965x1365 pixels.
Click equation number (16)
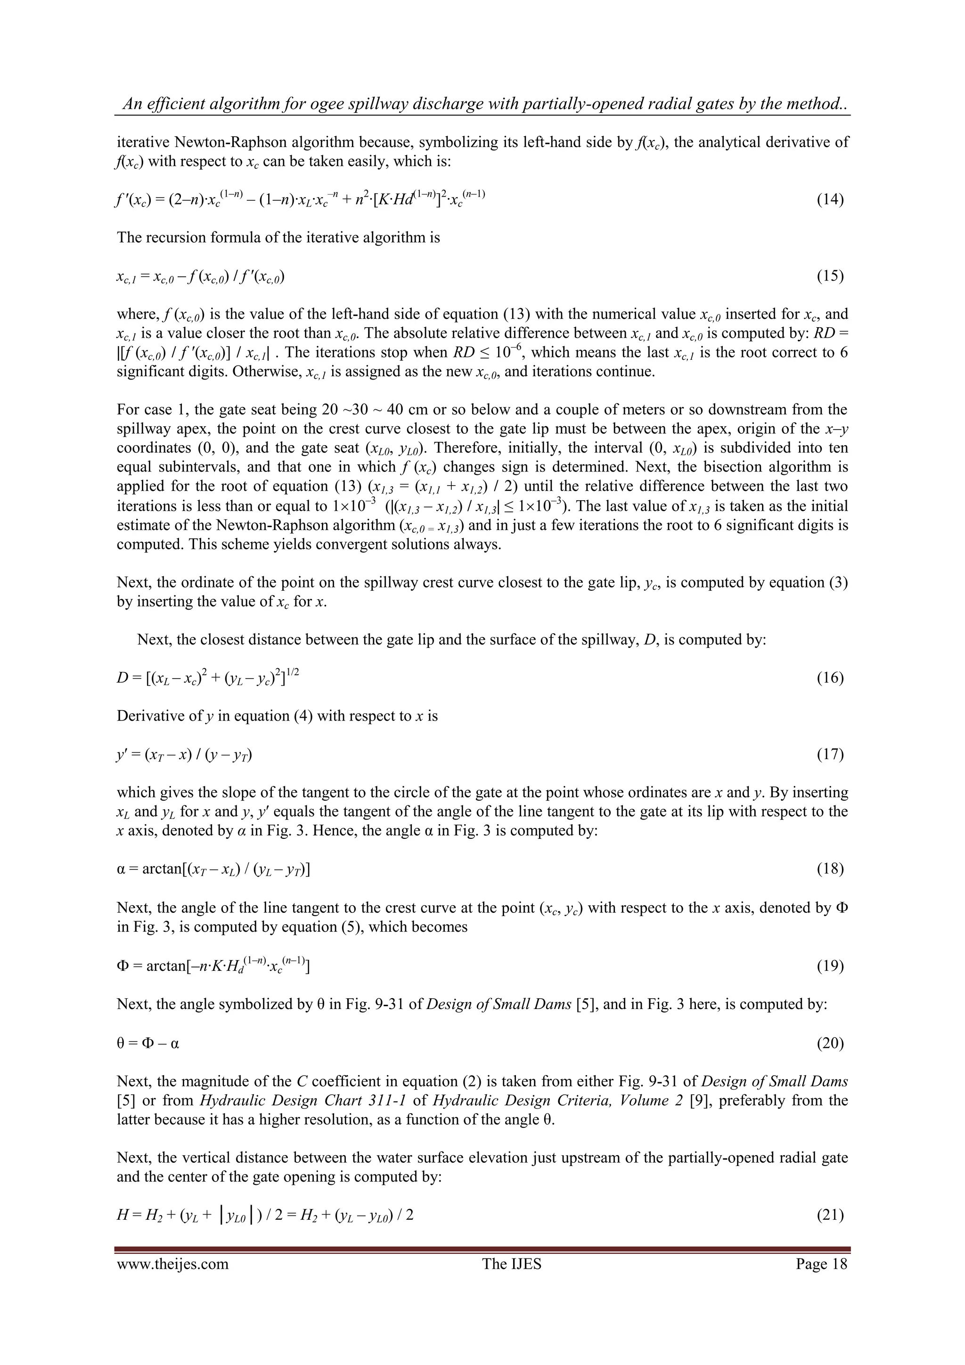click(x=830, y=678)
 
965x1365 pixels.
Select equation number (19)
click(x=830, y=966)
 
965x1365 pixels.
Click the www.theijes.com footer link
click(x=172, y=1263)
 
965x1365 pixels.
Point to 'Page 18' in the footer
click(x=821, y=1263)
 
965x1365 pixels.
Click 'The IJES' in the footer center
click(x=512, y=1263)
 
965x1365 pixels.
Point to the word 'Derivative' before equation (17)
click(x=148, y=716)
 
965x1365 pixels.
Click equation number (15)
click(x=830, y=276)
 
